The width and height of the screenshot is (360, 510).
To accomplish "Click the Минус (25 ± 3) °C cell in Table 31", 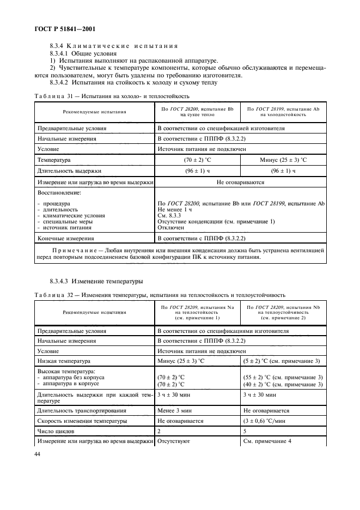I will (x=283, y=161).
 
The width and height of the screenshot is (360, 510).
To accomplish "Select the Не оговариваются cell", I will (x=240, y=183).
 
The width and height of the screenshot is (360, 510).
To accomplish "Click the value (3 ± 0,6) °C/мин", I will (x=267, y=421).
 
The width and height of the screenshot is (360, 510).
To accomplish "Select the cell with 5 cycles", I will (x=245, y=432).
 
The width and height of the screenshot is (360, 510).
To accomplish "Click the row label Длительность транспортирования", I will (x=81, y=410).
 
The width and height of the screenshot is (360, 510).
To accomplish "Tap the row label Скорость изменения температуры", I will (x=82, y=421).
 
